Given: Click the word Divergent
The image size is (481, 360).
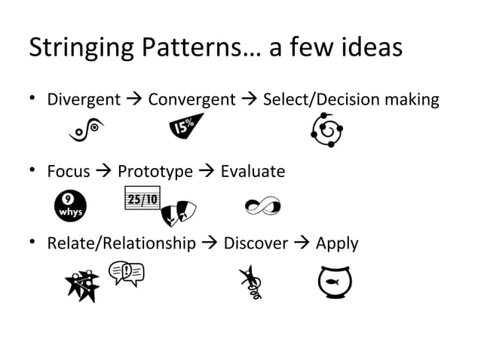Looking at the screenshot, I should (84, 99).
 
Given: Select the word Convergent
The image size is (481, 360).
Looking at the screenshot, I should (191, 99).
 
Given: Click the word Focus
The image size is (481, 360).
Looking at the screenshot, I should (69, 172).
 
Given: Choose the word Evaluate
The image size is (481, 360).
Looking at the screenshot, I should (253, 172).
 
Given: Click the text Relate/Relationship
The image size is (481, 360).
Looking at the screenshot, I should (121, 244).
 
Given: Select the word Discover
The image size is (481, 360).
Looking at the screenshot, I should (256, 244).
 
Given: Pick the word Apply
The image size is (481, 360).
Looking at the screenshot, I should (336, 244).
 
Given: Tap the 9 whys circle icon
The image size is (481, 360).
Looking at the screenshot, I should (71, 206).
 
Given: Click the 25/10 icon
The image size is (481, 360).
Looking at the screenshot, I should (141, 200).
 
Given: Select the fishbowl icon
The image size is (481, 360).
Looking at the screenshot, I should (334, 279).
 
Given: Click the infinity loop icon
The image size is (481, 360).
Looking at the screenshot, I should (264, 204).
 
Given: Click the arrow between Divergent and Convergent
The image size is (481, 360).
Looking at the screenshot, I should (136, 99).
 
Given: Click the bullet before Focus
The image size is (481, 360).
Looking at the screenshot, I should (34, 172).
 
